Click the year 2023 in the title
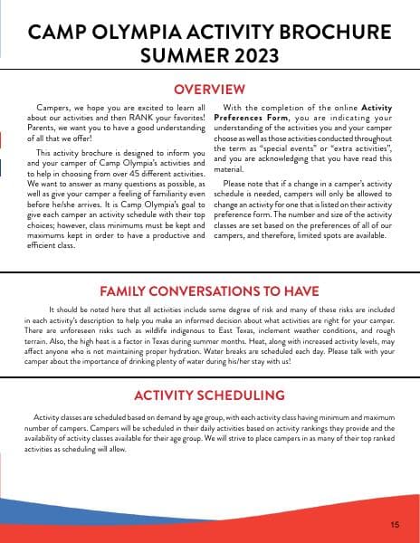[x=245, y=57]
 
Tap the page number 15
[x=396, y=524]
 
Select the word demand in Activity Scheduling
[x=157, y=416]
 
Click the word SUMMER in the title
[x=175, y=57]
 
